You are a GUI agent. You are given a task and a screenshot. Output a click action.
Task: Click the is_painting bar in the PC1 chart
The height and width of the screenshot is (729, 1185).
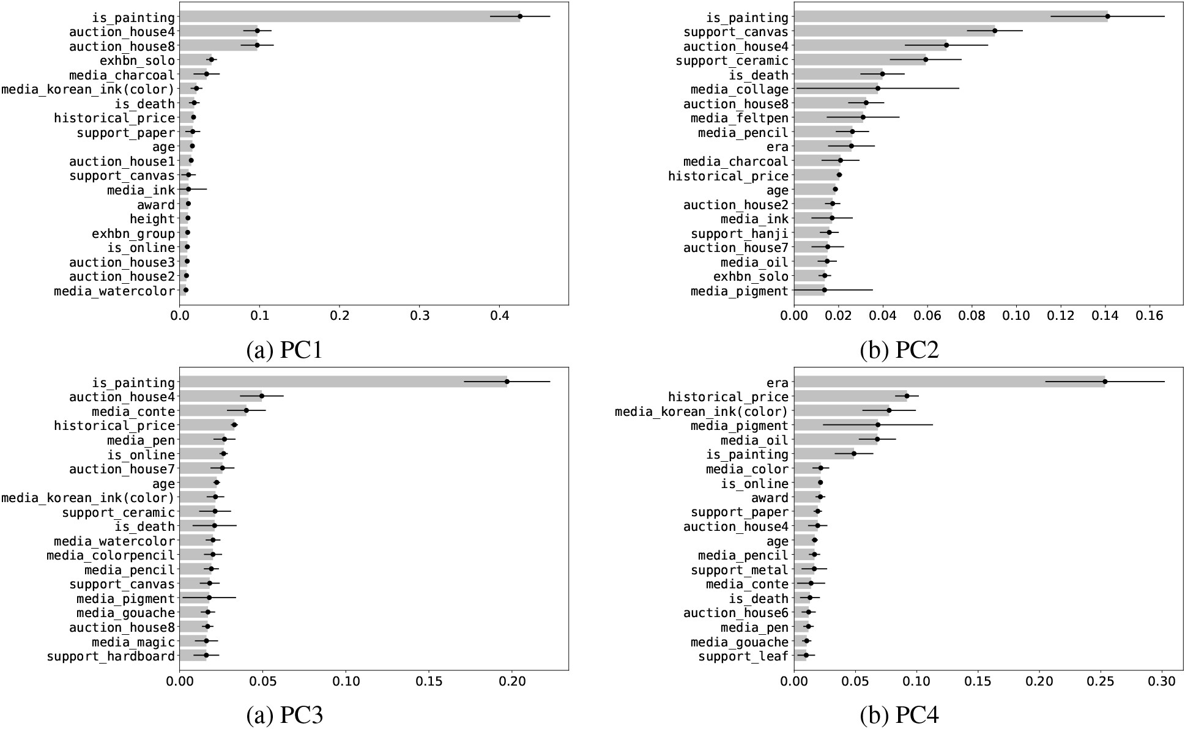pos(349,17)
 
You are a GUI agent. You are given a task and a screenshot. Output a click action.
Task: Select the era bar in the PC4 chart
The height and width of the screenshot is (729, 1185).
pos(948,382)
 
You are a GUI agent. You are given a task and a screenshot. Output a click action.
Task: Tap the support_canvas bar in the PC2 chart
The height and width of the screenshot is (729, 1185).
pos(893,31)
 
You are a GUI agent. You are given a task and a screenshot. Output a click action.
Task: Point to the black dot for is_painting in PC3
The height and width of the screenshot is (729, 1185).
pos(507,382)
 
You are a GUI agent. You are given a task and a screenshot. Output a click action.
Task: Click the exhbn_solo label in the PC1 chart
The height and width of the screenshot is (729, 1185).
pos(137,61)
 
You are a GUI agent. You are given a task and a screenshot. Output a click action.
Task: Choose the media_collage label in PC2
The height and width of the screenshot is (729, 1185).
pos(740,89)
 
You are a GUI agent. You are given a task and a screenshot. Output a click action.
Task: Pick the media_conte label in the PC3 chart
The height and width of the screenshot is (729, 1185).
pos(133,412)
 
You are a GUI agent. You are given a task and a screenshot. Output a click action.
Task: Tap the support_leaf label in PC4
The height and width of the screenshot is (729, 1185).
pos(743,656)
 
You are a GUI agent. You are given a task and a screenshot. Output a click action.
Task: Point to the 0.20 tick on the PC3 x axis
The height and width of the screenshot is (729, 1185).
pos(512,681)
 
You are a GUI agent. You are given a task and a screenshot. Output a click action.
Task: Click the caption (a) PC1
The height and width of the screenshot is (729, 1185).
pos(284,350)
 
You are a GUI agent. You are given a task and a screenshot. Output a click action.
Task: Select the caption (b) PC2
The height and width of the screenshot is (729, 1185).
pos(899,350)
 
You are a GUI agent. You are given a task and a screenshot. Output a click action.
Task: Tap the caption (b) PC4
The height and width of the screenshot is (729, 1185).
pos(899,715)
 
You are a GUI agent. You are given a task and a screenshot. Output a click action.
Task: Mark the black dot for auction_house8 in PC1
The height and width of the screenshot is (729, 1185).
pos(257,45)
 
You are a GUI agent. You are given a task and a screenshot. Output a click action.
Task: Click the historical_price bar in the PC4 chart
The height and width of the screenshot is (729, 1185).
pos(850,397)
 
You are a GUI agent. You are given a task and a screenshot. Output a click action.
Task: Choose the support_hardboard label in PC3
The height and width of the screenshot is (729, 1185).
pos(111,656)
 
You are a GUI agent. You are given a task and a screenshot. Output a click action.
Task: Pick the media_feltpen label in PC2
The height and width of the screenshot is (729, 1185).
pos(740,118)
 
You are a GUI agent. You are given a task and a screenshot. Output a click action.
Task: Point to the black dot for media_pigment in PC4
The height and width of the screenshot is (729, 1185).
pos(878,424)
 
